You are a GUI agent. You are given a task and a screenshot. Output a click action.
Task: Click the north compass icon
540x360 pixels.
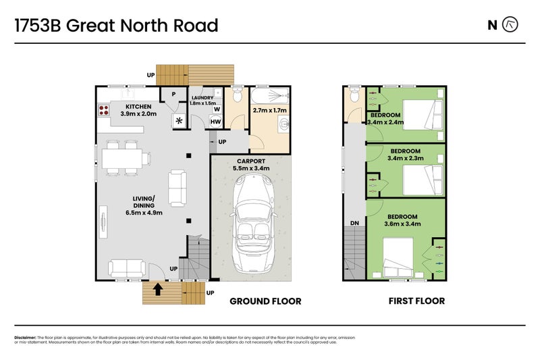click(x=512, y=25)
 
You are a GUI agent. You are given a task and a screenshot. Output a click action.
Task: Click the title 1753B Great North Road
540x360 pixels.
click(x=116, y=26)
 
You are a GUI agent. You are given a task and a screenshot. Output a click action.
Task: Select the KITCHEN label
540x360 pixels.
click(x=138, y=107)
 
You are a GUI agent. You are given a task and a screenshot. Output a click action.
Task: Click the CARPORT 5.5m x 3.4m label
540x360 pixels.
click(x=250, y=165)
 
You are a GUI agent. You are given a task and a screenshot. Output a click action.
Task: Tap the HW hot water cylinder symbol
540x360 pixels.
click(x=215, y=122)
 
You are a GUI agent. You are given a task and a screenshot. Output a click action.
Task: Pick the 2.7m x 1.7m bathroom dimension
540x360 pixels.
click(x=269, y=110)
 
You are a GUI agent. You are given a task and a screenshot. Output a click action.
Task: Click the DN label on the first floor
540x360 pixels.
click(x=354, y=223)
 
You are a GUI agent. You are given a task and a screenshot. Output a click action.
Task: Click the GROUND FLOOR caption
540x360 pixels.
click(x=266, y=301)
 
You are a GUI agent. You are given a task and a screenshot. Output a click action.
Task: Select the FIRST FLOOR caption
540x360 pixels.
click(x=416, y=301)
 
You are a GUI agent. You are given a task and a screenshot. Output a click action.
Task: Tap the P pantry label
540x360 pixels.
click(x=173, y=95)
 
